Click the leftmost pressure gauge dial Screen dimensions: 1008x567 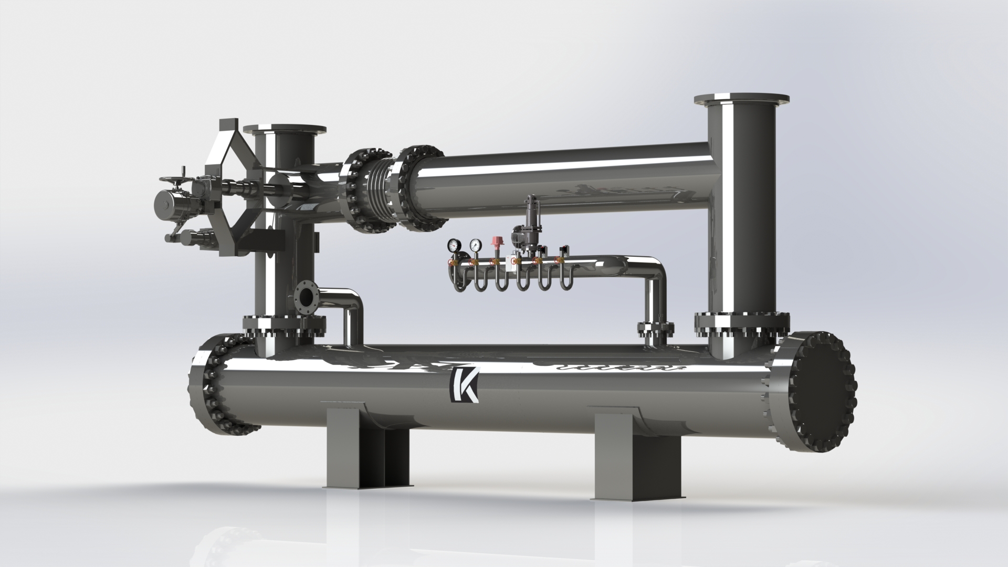454,245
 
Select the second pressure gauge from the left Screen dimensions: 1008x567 476,245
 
